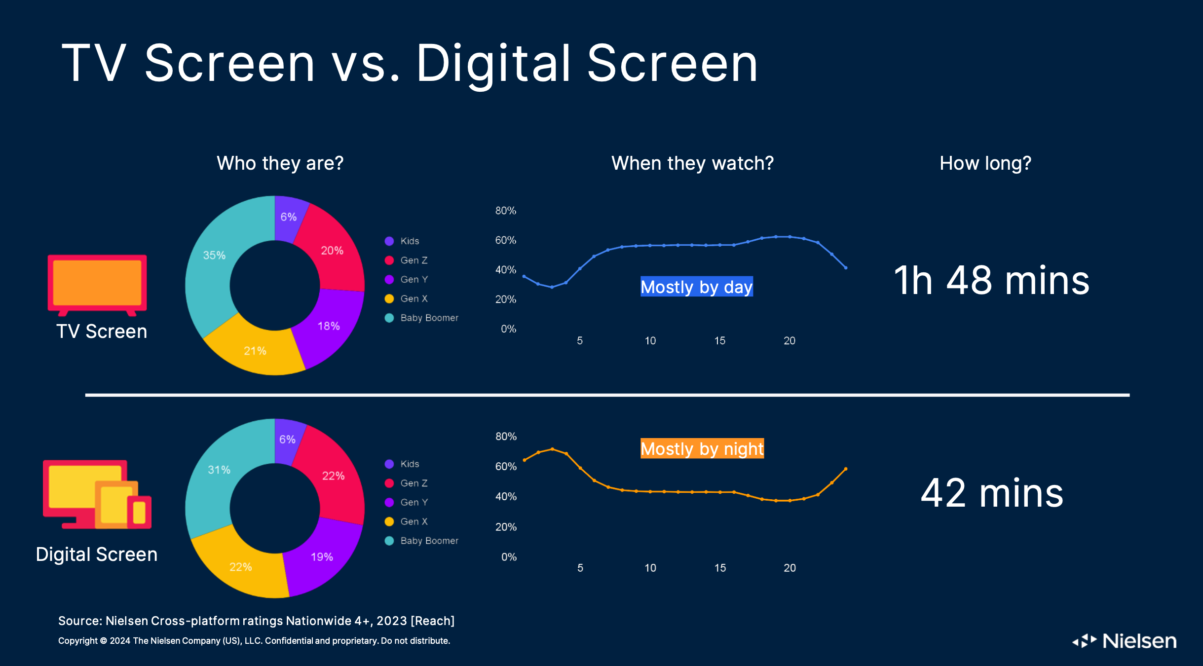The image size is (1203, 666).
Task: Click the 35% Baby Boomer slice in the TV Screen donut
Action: [212, 261]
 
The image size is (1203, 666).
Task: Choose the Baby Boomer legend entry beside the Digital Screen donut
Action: [421, 541]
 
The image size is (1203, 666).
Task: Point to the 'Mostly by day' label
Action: [697, 287]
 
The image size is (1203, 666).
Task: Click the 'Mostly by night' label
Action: [702, 448]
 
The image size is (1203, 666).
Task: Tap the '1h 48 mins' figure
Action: [992, 280]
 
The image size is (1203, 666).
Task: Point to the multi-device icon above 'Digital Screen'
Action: [97, 494]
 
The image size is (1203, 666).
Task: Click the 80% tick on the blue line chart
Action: [506, 211]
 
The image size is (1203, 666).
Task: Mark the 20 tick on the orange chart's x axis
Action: [789, 568]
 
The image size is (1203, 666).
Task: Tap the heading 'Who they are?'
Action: [280, 163]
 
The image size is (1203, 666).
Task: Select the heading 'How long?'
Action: [985, 163]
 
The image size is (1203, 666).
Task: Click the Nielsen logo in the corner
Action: [1125, 641]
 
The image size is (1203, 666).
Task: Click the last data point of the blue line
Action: [846, 268]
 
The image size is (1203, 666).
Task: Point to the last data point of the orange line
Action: [846, 469]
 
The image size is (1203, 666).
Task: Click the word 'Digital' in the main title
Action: [493, 64]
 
